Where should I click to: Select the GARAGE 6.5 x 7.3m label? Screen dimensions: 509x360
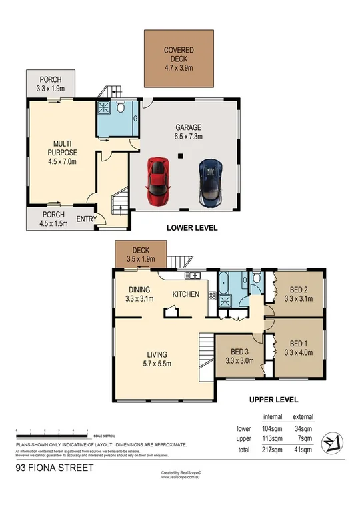tap(188, 132)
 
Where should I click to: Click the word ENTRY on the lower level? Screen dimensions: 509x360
tap(87, 219)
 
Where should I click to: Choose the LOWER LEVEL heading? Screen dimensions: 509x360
tap(191, 228)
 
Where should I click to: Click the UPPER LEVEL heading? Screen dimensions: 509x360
tap(273, 402)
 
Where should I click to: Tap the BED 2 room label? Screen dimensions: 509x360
tap(299, 294)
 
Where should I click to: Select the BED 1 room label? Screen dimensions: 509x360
tap(299, 348)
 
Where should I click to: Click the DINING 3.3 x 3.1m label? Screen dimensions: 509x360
tap(139, 294)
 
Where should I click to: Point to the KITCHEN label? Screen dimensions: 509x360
tap(186, 294)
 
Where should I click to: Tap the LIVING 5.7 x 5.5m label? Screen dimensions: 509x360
tap(158, 358)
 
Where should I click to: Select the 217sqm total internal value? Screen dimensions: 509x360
tap(273, 450)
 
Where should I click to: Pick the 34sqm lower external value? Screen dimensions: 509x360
tap(303, 429)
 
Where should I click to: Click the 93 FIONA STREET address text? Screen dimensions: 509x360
tap(55, 468)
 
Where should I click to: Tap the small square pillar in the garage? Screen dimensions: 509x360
tap(179, 157)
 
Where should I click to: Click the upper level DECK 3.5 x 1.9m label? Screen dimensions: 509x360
tap(139, 255)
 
